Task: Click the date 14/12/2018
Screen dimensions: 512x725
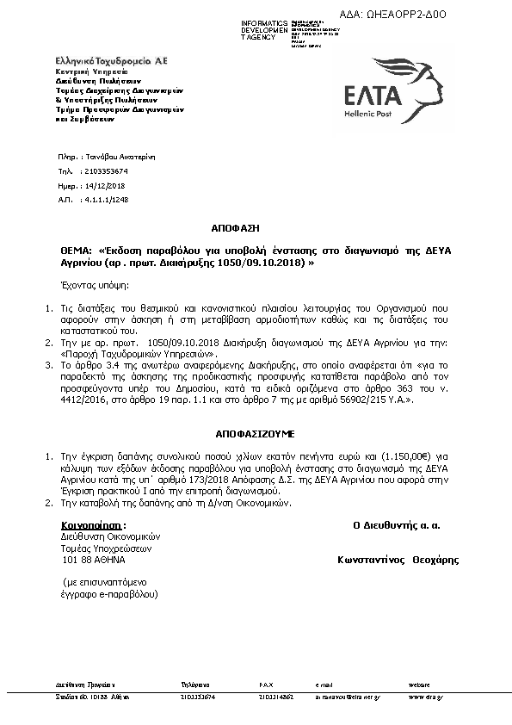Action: click(106, 185)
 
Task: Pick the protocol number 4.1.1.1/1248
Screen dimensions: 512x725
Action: click(108, 199)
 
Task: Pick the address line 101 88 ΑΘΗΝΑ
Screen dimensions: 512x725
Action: click(94, 560)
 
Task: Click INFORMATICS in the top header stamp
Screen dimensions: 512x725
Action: click(263, 22)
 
